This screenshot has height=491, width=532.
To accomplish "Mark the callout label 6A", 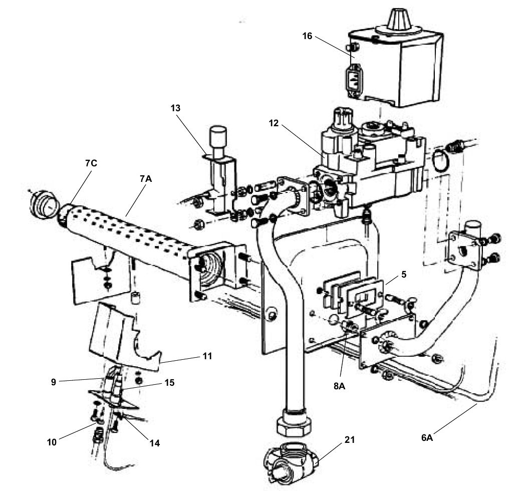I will point(427,437).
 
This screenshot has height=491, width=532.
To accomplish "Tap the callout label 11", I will point(207,356).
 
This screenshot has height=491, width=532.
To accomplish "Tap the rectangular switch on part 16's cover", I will point(352,79).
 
